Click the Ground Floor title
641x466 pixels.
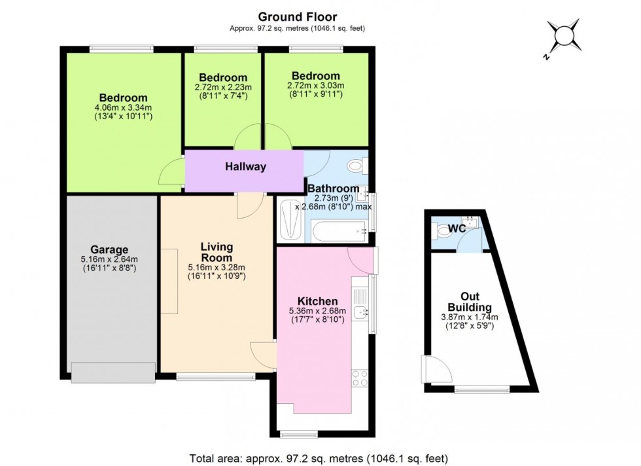(x=298, y=16)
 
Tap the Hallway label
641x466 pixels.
(x=245, y=167)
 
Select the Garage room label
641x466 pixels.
(x=109, y=249)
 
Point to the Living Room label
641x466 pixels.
(x=217, y=252)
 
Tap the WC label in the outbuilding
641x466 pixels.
(x=457, y=230)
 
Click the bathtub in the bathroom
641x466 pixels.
(x=338, y=231)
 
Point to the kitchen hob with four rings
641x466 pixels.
(x=360, y=378)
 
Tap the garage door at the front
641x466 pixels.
(x=113, y=372)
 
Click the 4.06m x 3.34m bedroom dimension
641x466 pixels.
(x=124, y=108)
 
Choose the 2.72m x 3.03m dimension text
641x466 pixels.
(x=316, y=86)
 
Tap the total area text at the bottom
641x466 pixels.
(x=319, y=458)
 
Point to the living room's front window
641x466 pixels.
(x=216, y=377)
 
